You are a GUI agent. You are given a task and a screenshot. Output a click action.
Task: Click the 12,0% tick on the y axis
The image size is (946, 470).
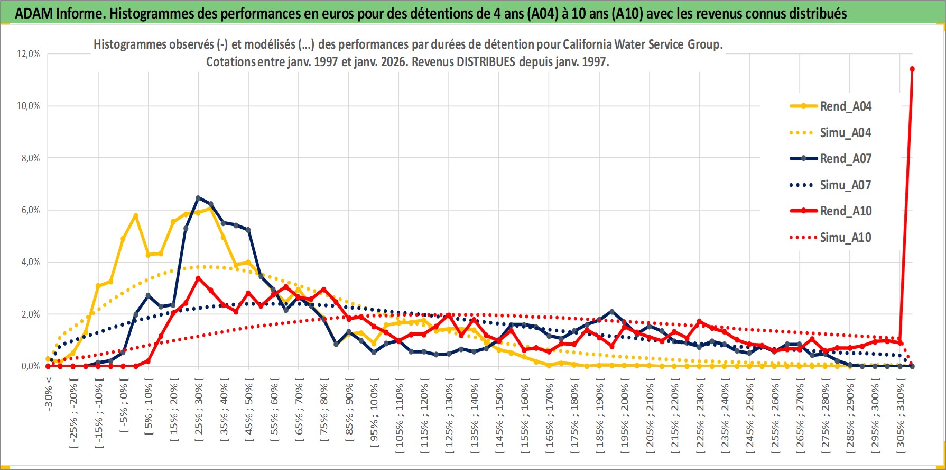29,54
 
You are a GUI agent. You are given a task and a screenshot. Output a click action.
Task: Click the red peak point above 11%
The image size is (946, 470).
912,69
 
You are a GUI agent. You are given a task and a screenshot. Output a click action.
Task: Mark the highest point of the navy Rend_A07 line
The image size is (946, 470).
198,198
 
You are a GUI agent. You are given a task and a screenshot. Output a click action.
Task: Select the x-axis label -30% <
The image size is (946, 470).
48,392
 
